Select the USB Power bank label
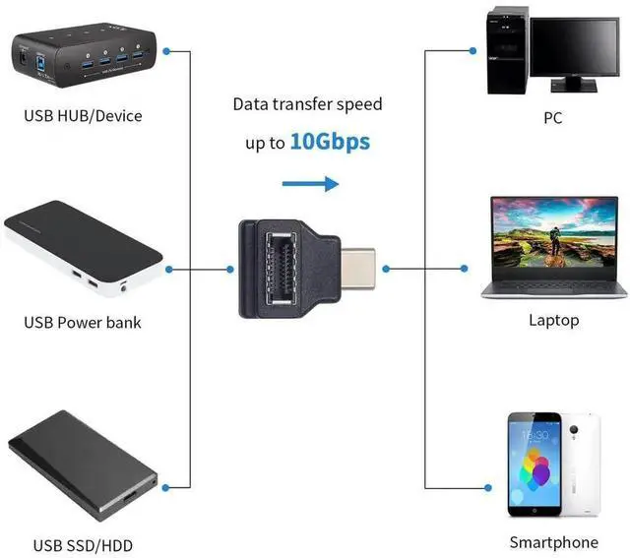click(x=83, y=322)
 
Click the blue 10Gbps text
click(x=330, y=142)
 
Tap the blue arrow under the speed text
click(x=310, y=183)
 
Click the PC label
click(x=553, y=117)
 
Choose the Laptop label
click(x=554, y=320)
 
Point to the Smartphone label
click(x=553, y=542)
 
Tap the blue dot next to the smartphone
click(x=488, y=487)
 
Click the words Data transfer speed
click(x=307, y=103)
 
